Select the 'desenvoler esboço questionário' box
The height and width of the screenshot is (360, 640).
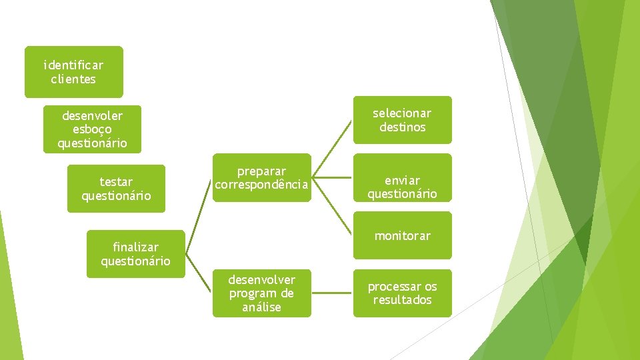click(x=92, y=129)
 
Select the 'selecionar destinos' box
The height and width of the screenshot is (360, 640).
click(x=402, y=120)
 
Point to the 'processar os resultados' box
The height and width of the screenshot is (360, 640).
click(x=402, y=293)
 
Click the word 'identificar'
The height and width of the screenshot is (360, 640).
click(x=73, y=65)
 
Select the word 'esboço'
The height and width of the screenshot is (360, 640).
click(x=92, y=129)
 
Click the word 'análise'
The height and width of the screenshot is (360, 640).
click(x=261, y=307)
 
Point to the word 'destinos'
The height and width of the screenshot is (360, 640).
click(x=402, y=127)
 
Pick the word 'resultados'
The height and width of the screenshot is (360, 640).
click(x=402, y=300)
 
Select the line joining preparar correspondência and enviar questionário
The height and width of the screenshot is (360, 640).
click(x=332, y=178)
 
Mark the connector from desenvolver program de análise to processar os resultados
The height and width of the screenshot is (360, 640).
click(x=332, y=293)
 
